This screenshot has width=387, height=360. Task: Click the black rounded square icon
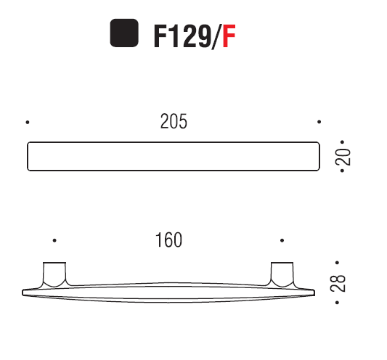[124, 34]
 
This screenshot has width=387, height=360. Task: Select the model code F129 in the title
[181, 36]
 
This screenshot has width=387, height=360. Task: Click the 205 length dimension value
[174, 122]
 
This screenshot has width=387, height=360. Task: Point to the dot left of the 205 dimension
[28, 122]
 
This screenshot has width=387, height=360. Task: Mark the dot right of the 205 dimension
[319, 122]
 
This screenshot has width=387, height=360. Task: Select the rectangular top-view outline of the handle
[173, 157]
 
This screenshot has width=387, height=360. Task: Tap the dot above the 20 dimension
[339, 143]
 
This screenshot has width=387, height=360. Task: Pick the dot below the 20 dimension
[339, 171]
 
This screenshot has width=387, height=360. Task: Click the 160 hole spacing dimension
[168, 240]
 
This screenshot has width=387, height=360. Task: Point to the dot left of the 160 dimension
[54, 240]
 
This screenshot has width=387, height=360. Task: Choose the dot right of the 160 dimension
[282, 240]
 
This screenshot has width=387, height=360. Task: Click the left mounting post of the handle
[54, 274]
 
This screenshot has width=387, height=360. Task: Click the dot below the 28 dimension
[336, 299]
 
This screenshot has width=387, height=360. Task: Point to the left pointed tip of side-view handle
[24, 292]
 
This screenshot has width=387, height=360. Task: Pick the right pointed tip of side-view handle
[314, 292]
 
